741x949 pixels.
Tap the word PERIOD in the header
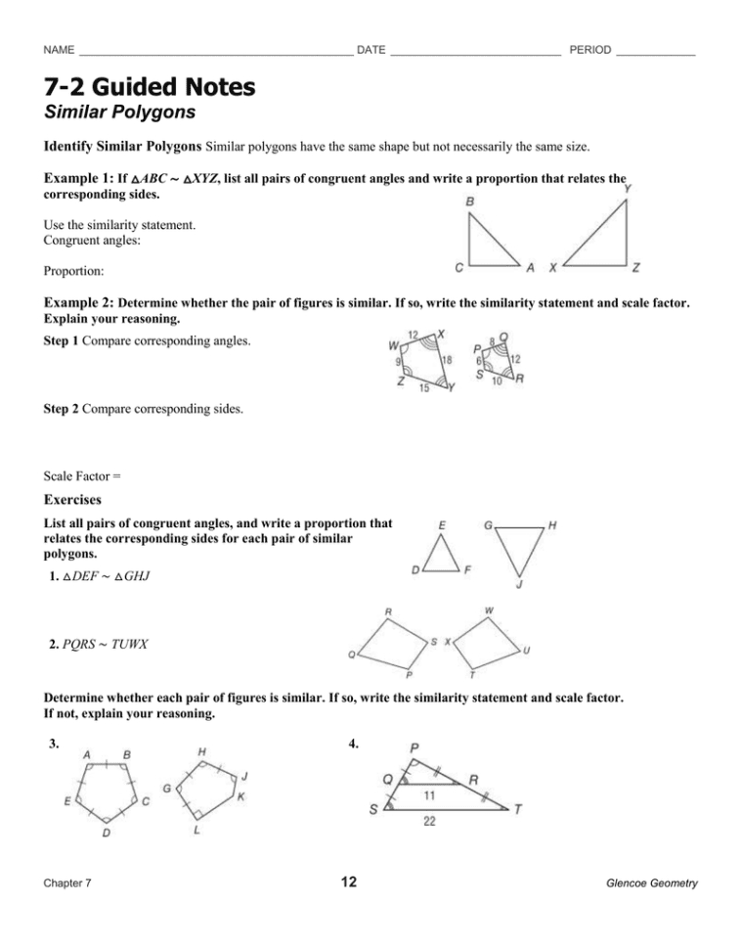click(x=589, y=50)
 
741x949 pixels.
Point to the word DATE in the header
click(x=370, y=50)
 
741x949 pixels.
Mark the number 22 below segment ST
click(x=429, y=822)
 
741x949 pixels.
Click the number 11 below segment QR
click(x=428, y=795)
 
